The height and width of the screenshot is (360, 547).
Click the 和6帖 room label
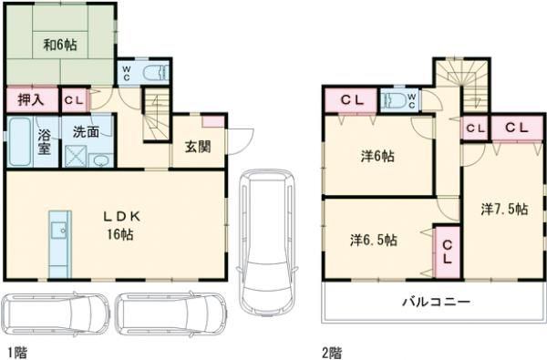click(60, 45)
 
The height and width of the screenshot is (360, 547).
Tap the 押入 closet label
click(31, 100)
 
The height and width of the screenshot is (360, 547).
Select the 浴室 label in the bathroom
click(45, 141)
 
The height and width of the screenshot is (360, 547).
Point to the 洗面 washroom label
click(86, 132)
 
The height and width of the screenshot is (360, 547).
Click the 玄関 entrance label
click(198, 147)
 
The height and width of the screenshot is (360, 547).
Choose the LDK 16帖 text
click(121, 226)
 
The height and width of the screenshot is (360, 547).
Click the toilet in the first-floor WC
click(156, 73)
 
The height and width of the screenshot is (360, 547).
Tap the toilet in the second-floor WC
click(395, 100)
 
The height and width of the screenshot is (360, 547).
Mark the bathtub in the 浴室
click(20, 141)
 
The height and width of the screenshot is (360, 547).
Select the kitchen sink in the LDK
click(58, 231)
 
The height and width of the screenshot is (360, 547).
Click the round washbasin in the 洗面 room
click(101, 160)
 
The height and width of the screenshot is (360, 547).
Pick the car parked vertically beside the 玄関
click(267, 242)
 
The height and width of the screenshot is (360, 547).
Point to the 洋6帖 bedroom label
click(377, 156)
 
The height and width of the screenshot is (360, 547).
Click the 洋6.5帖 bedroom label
click(374, 240)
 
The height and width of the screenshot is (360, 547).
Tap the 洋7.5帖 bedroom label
click(504, 209)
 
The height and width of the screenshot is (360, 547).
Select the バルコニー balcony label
click(437, 302)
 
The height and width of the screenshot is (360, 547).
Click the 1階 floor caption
click(17, 353)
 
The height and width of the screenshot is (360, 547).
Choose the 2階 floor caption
click(332, 353)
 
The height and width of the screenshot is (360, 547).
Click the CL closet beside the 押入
click(75, 100)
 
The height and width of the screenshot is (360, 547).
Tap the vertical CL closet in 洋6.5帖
click(448, 252)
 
